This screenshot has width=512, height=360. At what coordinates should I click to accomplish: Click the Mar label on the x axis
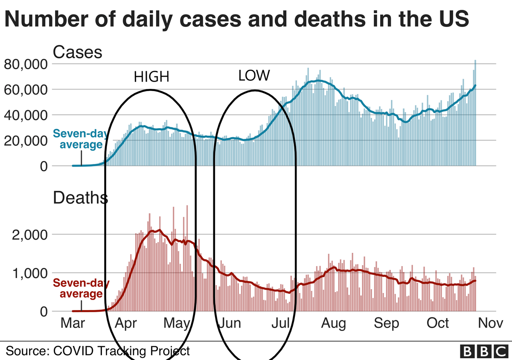[x=72, y=323]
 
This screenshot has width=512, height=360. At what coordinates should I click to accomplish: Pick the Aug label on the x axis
[x=334, y=323]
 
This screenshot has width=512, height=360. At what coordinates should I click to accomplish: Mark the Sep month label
[x=387, y=323]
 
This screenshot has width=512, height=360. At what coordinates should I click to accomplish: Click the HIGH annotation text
[x=151, y=77]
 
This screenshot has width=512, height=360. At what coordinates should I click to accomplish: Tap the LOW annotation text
[x=254, y=76]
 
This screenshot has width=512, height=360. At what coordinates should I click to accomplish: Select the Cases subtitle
[x=77, y=52]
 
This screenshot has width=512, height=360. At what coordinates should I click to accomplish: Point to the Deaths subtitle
[x=80, y=198]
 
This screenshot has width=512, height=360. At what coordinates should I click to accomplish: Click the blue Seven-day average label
[x=78, y=139]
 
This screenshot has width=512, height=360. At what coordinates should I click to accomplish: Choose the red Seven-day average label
[x=81, y=288]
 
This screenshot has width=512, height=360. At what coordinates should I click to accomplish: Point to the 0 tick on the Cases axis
[x=43, y=166]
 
